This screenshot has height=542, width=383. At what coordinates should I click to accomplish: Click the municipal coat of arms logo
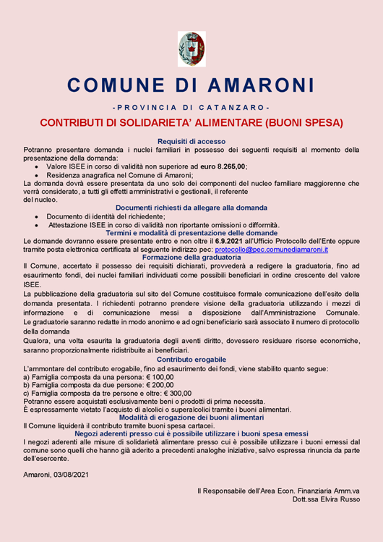tap(191, 48)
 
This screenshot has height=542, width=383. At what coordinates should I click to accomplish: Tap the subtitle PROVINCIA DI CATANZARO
tap(191, 108)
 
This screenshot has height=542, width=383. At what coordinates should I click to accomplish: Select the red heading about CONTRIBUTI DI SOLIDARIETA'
tap(191, 122)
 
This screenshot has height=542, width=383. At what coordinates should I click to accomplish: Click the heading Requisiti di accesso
tap(191, 141)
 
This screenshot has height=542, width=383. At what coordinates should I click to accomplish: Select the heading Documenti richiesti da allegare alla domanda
tap(191, 208)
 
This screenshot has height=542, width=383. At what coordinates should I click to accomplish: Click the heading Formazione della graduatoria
tap(191, 258)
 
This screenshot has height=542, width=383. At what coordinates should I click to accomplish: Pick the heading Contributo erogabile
tap(191, 359)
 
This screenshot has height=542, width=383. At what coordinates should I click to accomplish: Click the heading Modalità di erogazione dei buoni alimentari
tap(191, 418)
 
